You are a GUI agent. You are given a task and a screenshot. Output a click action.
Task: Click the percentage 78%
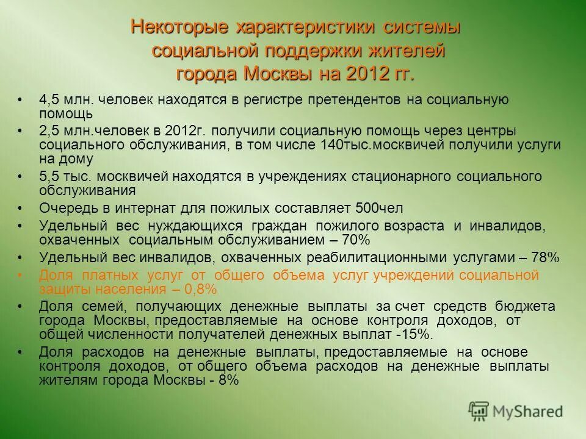tap(543, 257)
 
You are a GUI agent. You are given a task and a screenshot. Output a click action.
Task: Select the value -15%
tap(414, 334)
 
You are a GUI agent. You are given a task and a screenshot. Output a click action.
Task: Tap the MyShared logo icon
tap(479, 411)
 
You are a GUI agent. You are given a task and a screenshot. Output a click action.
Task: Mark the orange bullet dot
tap(20, 276)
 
